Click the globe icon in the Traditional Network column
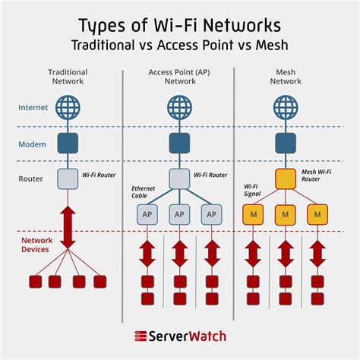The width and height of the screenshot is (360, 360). coord(67,106)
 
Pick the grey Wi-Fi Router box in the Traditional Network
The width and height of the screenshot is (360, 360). coord(67,179)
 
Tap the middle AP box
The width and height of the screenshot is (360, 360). coord(178,215)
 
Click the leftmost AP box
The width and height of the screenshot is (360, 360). coord(147,215)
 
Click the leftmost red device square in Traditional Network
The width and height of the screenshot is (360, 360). coord(34,282)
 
